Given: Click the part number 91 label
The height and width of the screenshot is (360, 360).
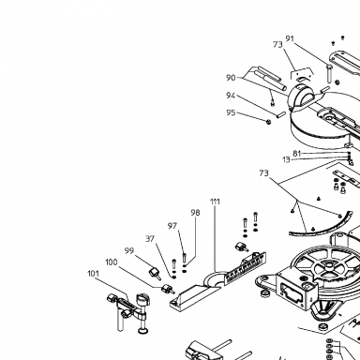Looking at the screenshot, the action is pos(290,38).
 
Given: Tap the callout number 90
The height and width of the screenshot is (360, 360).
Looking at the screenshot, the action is pos(231,78).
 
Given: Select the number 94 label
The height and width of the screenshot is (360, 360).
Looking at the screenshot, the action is pos(231,96).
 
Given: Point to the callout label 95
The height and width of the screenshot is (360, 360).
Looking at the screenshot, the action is pos(231,112).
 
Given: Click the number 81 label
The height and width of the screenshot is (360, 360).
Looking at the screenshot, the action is pos(297,154).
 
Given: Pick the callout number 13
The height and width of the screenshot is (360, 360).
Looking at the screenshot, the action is pos(286,159).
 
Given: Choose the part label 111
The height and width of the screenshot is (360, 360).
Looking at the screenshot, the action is pos(215,202).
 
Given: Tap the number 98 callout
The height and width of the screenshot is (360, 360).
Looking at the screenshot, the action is pos(195,213).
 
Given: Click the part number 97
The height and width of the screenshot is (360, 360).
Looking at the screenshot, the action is pos(172,226).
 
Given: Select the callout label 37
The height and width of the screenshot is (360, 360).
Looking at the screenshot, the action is pos(150,239).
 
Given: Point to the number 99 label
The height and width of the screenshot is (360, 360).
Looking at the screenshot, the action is pos(129,251).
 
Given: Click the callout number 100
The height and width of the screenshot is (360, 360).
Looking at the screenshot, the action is pos(112,262).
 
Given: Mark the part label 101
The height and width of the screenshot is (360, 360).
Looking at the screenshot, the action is pos(93,274).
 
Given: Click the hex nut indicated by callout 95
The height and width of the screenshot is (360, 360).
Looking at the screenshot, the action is pos(268,121).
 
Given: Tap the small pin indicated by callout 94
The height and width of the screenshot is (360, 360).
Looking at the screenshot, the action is pos(280,113).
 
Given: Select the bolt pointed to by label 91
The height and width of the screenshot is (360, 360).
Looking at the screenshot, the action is pos(328,74).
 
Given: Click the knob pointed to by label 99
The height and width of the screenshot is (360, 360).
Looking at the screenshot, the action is pos(156,273).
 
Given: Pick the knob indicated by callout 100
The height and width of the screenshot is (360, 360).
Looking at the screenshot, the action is pos(167,289).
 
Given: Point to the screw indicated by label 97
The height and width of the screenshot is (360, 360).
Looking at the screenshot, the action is pos(184,258).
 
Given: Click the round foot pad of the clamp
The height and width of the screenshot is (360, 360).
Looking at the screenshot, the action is pos(143,330).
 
